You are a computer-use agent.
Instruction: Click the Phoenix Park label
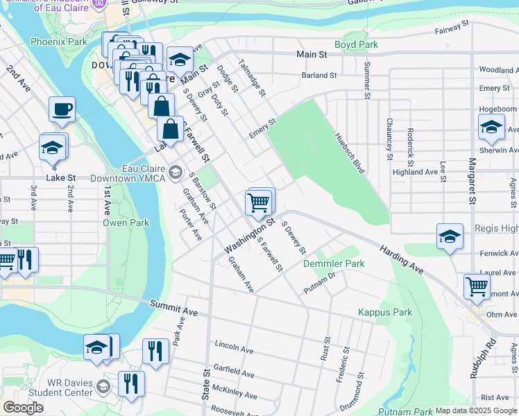coord(59,42)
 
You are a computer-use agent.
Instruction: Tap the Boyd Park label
coord(356,44)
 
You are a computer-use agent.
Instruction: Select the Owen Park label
coord(126,223)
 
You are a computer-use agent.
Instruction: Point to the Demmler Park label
coord(334,264)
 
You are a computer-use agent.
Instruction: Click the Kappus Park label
coord(385,313)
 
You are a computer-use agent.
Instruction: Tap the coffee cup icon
coord(62,110)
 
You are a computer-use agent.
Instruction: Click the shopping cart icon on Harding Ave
coord(477,286)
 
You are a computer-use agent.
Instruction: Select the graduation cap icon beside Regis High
coord(450,236)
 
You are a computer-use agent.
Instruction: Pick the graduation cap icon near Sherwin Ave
coord(491,127)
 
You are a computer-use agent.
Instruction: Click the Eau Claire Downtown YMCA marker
coord(176,171)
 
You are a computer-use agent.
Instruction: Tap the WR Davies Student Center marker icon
coord(103,386)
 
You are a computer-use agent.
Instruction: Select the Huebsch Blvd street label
coord(349,153)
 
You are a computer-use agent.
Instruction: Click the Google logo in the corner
coord(24,408)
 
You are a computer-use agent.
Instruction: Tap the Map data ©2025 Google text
coord(476,410)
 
